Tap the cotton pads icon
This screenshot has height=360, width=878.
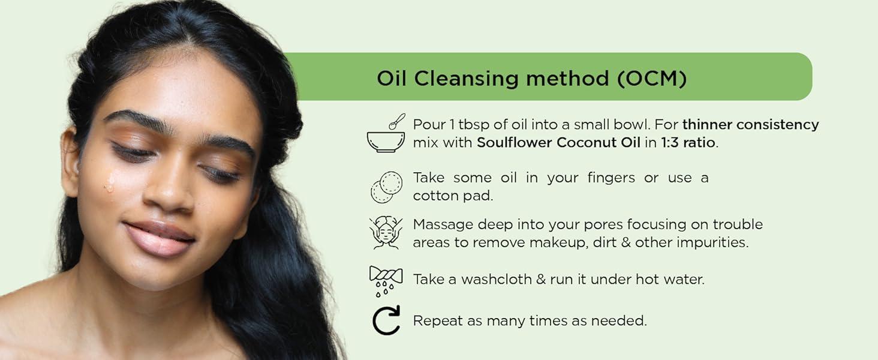386,187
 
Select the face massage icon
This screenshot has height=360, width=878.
386,233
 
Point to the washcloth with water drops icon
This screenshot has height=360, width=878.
386,280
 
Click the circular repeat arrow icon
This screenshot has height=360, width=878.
386,320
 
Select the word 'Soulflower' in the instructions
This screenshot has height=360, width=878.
514,143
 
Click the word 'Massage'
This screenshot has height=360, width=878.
443,224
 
